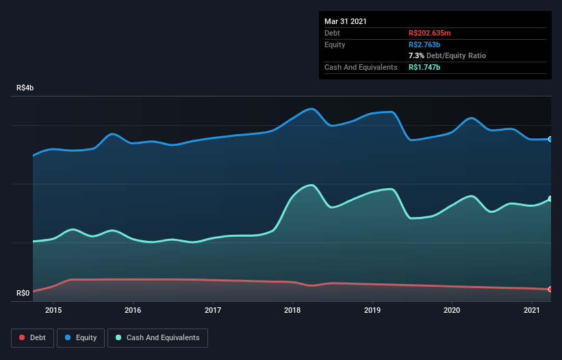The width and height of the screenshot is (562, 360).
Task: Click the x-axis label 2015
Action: tap(53, 310)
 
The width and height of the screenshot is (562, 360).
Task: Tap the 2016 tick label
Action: tap(133, 310)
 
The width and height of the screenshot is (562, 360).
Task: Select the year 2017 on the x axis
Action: tap(213, 310)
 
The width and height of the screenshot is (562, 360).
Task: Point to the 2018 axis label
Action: tap(292, 310)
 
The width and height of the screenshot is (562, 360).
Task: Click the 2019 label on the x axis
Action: tap(372, 310)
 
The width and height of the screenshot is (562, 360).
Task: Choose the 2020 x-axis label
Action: tap(452, 310)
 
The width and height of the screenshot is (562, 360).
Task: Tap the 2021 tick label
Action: tap(531, 310)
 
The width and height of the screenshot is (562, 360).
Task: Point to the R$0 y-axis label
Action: tap(23, 293)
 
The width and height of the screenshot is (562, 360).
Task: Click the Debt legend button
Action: tap(33, 337)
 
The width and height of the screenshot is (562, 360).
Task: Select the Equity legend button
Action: tap(81, 337)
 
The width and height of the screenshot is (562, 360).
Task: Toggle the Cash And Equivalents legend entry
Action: tap(157, 337)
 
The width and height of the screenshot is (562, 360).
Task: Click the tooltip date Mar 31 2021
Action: tap(346, 21)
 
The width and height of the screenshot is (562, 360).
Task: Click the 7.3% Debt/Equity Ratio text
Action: tap(447, 55)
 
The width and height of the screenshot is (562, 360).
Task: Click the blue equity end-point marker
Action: tap(550, 139)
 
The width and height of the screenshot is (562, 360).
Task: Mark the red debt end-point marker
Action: tap(550, 290)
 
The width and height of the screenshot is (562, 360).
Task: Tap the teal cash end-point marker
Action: tap(550, 199)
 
